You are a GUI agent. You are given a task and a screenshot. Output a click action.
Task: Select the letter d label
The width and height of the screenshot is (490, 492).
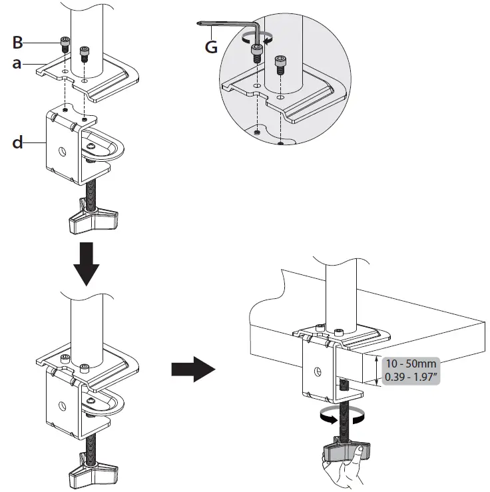19,142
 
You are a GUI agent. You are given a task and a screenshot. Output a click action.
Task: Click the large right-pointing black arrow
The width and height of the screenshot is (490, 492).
192,371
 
